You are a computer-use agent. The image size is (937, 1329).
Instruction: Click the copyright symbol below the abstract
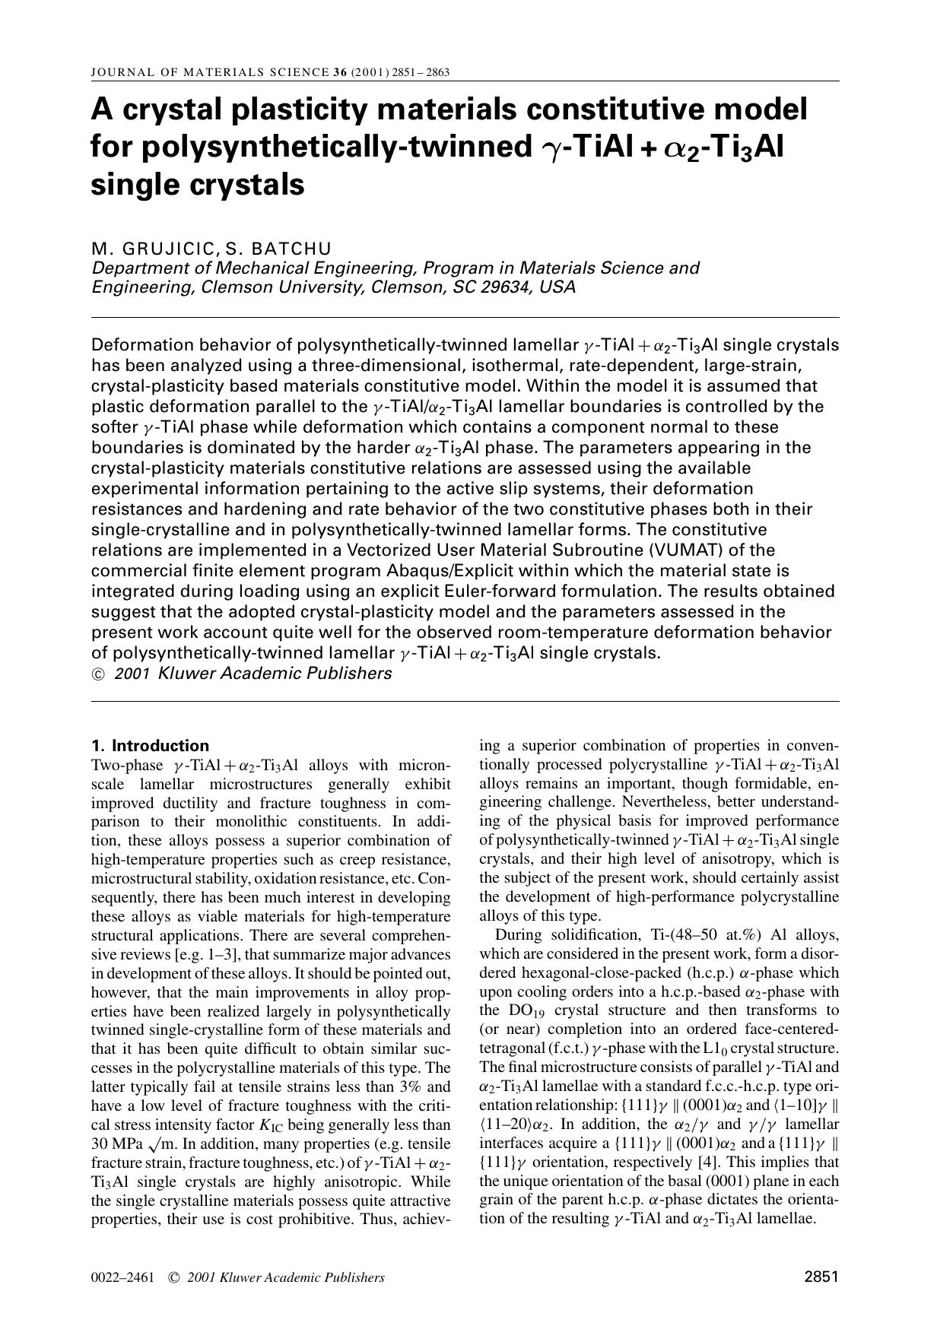98,674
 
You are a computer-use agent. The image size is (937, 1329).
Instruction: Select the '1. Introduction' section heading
150,745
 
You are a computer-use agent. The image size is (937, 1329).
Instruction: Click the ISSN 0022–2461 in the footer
122,1277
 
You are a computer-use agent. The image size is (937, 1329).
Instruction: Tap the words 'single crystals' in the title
198,185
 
